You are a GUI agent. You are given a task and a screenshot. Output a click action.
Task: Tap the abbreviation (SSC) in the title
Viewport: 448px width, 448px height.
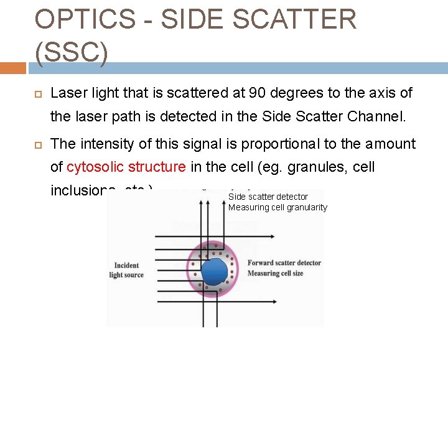(72, 54)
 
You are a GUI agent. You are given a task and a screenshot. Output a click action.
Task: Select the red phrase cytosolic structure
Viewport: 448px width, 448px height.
(126, 167)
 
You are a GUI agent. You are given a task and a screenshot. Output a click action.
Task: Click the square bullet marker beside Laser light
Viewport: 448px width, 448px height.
(37, 94)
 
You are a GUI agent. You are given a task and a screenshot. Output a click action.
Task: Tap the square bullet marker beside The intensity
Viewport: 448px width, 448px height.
(37, 144)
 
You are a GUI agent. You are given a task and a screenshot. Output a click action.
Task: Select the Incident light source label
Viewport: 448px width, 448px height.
(126, 270)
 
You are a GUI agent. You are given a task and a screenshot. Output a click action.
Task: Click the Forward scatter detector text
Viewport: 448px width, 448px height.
(284, 263)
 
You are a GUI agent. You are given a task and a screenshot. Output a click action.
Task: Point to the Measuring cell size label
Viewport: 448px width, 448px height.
(276, 273)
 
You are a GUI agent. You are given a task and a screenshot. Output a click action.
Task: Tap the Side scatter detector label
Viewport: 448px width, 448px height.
(268, 197)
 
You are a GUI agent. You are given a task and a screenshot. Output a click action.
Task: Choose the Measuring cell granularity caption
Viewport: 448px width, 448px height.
(278, 207)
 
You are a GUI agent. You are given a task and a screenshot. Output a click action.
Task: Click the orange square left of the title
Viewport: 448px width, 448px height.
(13, 68)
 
